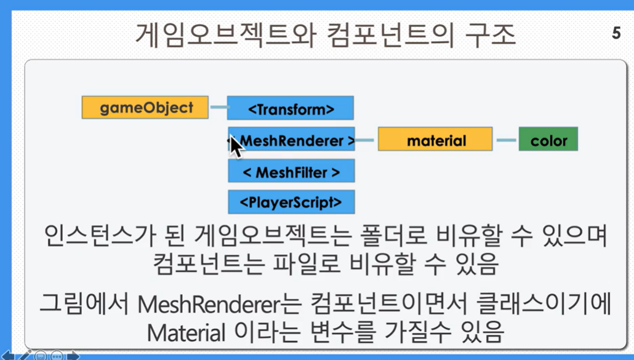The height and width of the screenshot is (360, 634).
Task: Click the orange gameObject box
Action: (145, 108)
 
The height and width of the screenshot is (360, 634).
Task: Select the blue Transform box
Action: (291, 108)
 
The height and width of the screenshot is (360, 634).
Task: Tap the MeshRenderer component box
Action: (292, 140)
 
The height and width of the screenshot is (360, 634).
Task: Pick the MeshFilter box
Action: (292, 170)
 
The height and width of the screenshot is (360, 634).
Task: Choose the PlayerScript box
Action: (292, 202)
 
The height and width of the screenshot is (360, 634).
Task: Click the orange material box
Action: (435, 140)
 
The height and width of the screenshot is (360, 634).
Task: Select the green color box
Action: (548, 140)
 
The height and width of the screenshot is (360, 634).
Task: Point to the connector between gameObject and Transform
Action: (219, 107)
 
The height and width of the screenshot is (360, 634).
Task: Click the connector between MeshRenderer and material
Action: (365, 140)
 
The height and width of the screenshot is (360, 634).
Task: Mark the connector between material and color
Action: (506, 140)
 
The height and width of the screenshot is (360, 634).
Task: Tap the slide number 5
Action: (616, 33)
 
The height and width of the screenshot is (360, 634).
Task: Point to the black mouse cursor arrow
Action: (236, 146)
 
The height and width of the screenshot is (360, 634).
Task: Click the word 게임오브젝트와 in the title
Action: (226, 34)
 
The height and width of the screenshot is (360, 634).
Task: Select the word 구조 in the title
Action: (491, 34)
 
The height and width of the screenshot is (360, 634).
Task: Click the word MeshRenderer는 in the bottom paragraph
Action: (220, 304)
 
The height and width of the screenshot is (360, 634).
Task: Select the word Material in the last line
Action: (186, 333)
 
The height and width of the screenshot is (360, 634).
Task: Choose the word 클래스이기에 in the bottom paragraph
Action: (544, 304)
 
